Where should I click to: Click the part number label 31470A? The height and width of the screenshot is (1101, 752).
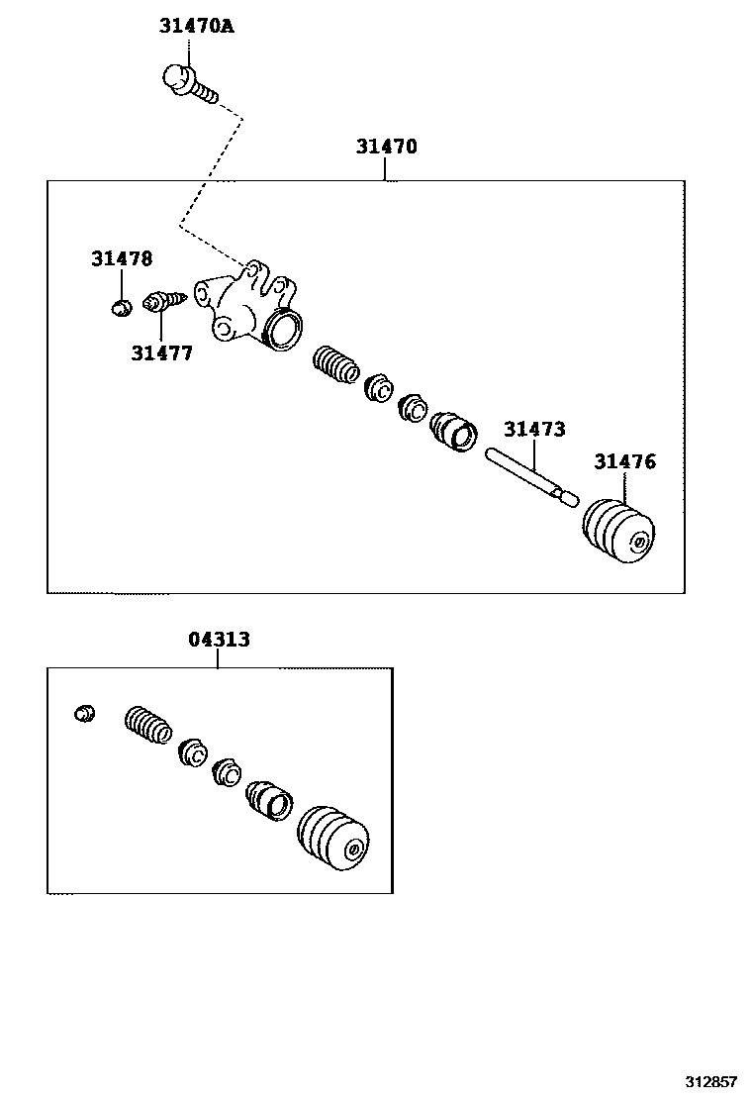[196, 27]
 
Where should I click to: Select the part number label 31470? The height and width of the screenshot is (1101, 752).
[387, 148]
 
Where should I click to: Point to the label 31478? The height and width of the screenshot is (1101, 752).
[122, 259]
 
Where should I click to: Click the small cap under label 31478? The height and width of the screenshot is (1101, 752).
[121, 307]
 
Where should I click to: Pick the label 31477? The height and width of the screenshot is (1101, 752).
[161, 352]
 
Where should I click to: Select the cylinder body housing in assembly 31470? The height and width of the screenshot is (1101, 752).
[252, 309]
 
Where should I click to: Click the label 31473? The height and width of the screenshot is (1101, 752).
[534, 430]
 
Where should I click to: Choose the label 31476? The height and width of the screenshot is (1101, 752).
[624, 462]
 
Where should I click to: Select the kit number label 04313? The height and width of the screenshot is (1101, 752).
[219, 640]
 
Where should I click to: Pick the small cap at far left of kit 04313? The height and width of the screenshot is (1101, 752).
[86, 713]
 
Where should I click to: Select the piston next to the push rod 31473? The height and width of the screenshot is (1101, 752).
[453, 432]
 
